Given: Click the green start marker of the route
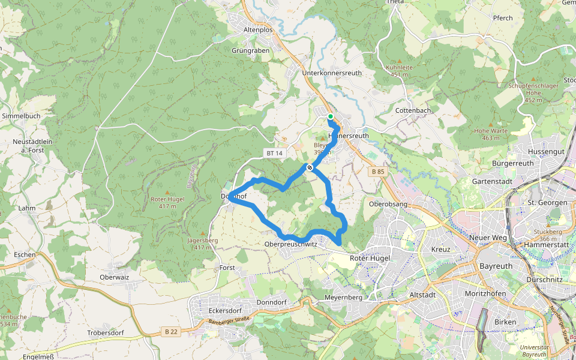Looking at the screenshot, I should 330,116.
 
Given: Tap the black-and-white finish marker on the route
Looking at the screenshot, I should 310,168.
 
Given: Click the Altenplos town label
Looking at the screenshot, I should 258,29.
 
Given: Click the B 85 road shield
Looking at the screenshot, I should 377,172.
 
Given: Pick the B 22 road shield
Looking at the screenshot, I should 170,331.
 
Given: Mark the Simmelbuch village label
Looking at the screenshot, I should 21,115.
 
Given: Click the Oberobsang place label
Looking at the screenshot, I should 388,204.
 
